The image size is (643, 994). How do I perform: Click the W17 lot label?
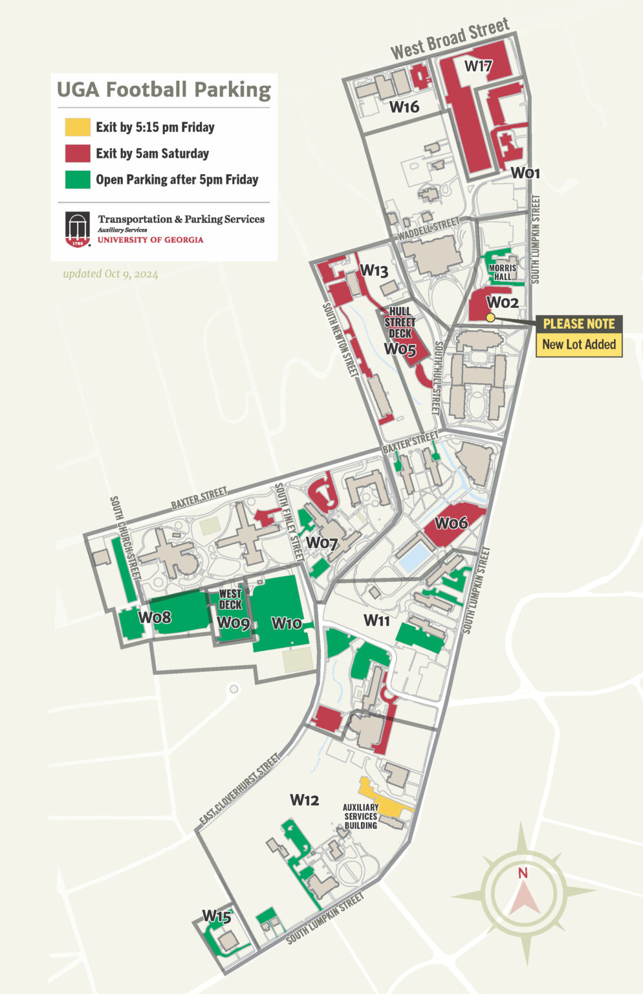478,66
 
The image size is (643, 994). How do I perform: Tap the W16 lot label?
404,107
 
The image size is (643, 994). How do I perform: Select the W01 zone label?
525,173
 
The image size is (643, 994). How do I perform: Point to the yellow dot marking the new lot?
490,317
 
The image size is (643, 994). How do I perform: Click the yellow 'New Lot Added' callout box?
578,344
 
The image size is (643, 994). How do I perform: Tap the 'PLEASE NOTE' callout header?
578,324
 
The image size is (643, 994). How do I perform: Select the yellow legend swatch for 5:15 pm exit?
77,127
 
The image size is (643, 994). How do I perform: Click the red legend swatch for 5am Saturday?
77,153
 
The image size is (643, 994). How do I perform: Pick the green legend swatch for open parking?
77,180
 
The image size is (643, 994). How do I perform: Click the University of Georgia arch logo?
78,229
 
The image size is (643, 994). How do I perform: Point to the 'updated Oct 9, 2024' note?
110,274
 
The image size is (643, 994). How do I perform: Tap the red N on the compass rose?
523,873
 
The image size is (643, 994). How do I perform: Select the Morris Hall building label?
503,272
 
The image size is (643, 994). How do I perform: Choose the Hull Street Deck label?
400,322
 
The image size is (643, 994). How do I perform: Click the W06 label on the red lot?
451,523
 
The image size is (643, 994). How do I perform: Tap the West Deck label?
230,599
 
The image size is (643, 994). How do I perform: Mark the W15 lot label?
216,916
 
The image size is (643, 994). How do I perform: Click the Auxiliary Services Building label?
360,816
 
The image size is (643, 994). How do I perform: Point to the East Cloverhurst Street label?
239,789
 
